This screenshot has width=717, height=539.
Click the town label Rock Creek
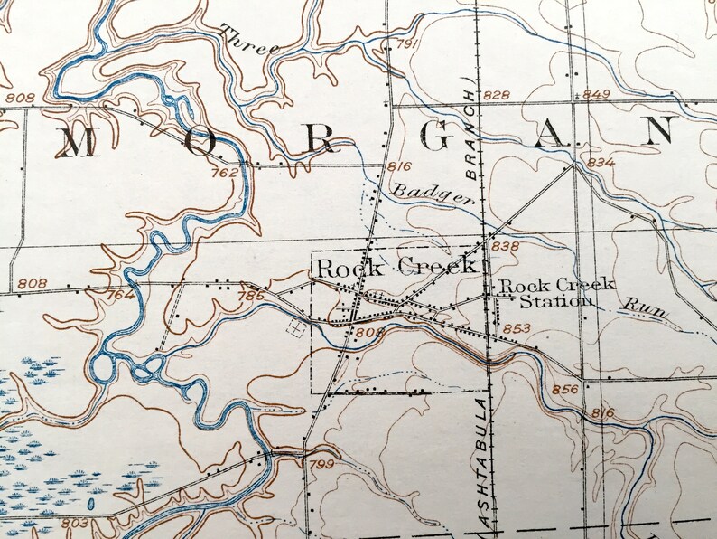395,267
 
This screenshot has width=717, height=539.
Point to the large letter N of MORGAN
659,132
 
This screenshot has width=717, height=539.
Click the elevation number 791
407,44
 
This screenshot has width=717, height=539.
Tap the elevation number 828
496,95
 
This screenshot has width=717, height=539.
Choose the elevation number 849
597,95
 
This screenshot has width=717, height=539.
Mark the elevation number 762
224,173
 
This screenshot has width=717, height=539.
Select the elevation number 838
507,246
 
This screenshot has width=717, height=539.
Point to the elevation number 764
119,295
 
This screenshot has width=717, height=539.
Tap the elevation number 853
518,328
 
